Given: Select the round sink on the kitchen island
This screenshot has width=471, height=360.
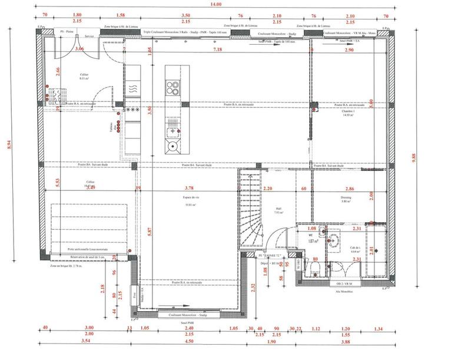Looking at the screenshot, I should click(173, 146).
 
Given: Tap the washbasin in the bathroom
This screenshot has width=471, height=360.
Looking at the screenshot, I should click(334, 240).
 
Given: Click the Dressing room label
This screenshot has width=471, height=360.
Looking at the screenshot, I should click(346, 198).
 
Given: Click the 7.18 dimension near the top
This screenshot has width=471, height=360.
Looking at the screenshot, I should click(217, 51).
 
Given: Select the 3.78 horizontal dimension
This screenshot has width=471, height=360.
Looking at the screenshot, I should click(186, 189).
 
